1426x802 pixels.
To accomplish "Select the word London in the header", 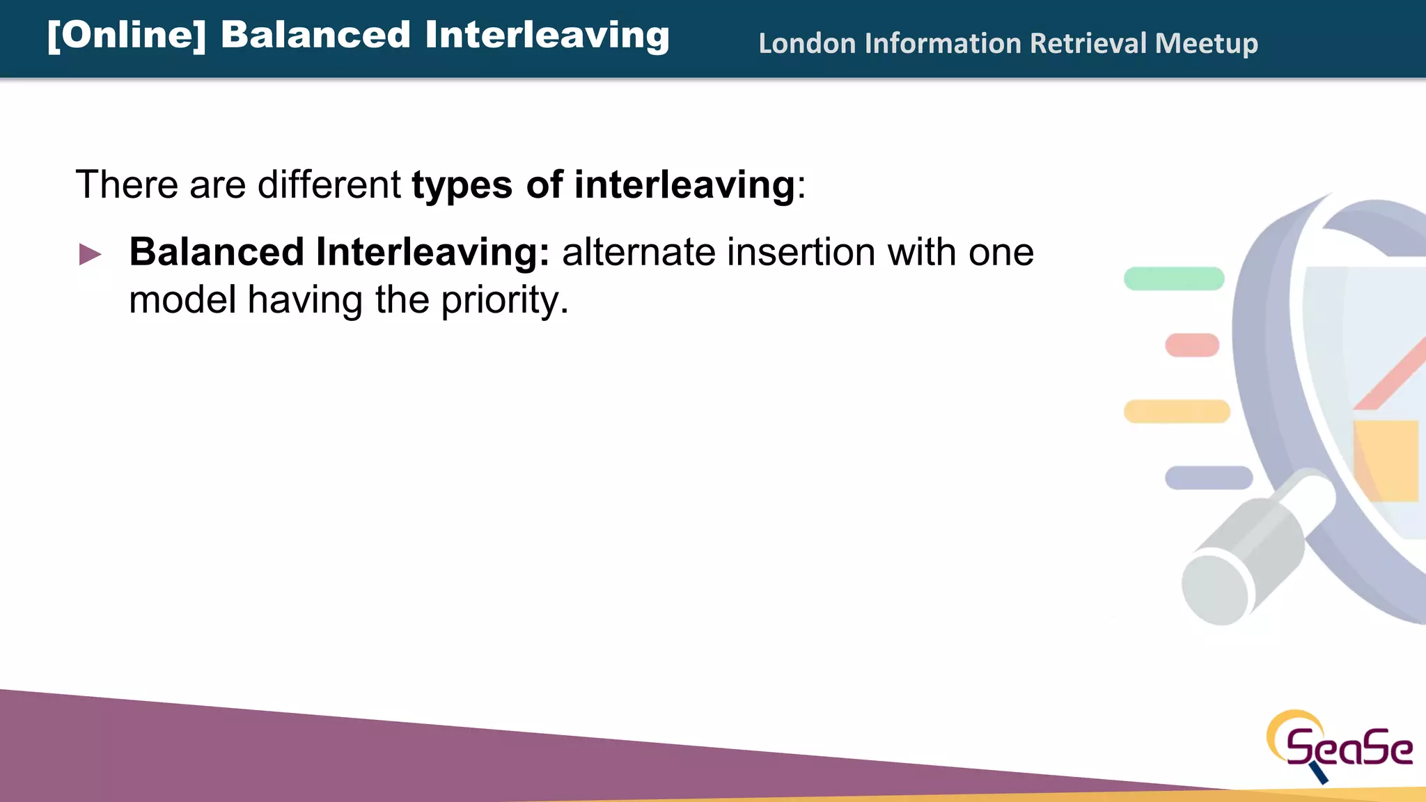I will [x=806, y=43].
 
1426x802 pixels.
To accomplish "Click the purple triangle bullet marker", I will [x=90, y=254].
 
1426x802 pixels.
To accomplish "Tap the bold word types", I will [x=462, y=186].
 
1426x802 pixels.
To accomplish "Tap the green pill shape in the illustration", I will [x=1174, y=278].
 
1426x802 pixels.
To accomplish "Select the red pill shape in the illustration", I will [x=1192, y=345].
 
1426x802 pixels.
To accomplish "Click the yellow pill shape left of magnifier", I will [x=1177, y=411].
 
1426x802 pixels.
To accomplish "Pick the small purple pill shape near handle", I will [x=1209, y=478].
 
